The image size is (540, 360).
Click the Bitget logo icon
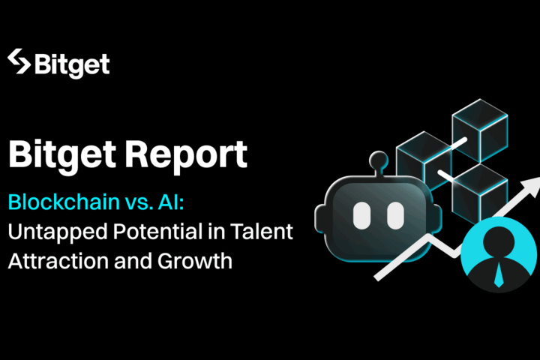tap(19, 61)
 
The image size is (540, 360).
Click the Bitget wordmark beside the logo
tap(72, 65)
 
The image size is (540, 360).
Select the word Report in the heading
tap(186, 155)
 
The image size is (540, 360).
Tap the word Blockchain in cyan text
tap(64, 202)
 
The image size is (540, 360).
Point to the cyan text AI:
tap(171, 202)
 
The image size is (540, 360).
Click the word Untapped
tap(58, 232)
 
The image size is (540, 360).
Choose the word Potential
tap(157, 231)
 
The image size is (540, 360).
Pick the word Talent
tap(262, 231)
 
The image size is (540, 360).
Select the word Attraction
tap(58, 261)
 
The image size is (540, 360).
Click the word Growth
tap(195, 260)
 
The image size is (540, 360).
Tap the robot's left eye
tap(361, 216)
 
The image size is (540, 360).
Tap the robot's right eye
tap(395, 216)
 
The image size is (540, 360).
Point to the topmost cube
tap(480, 131)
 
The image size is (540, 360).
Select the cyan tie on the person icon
tap(498, 274)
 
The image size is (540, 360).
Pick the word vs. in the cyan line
tap(139, 202)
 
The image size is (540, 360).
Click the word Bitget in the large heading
tap(62, 156)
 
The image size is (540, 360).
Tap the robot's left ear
tap(320, 219)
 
